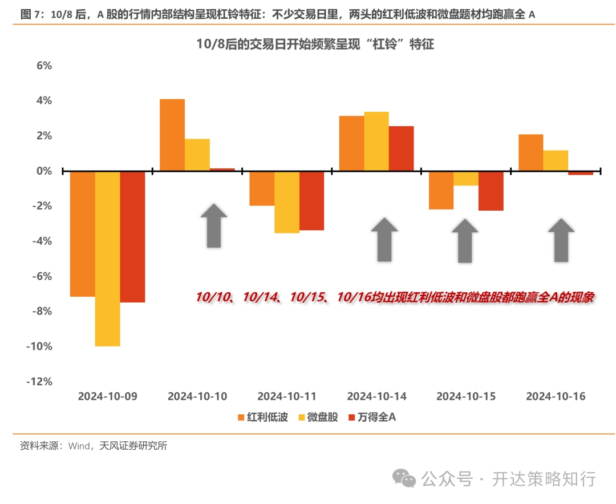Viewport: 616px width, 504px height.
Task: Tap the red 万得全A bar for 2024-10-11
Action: pos(311,200)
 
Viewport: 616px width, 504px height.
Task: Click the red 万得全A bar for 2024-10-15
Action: pos(491,191)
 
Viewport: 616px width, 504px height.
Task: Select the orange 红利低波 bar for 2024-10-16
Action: pos(530,152)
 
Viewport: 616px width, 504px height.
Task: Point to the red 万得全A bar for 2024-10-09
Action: pos(132,236)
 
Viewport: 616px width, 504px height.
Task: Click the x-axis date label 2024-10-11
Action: pos(287,396)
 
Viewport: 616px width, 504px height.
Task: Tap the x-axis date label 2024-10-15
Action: pos(466,396)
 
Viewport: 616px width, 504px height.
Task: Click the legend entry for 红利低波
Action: pos(262,417)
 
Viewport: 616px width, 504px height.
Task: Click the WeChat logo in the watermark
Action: pos(407,478)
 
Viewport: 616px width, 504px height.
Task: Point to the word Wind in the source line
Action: pos(79,446)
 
